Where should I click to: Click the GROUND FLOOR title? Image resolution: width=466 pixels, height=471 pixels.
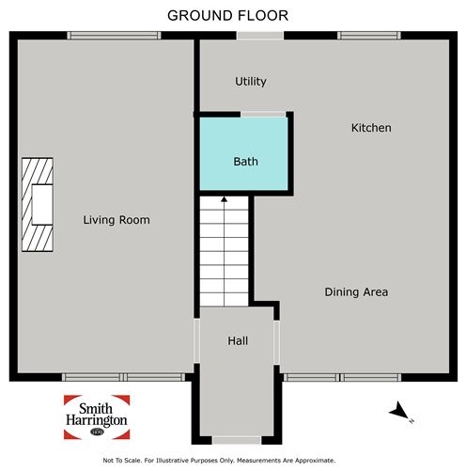point(227,16)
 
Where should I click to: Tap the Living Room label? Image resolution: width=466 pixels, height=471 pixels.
point(116,220)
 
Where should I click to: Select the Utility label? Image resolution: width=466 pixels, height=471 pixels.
point(251,82)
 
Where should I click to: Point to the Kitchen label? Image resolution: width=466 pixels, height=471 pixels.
point(371,128)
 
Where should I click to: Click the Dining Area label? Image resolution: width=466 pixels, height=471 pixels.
point(356,292)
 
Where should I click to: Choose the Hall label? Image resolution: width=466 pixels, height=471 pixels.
point(238,341)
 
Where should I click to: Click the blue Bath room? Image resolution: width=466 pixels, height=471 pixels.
point(243,153)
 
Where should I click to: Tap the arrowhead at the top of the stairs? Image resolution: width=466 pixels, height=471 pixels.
point(224,199)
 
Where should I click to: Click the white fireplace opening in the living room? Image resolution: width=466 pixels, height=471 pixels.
point(42,205)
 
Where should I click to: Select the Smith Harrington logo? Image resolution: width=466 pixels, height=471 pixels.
point(97,417)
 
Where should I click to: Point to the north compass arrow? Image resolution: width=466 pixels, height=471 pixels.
point(398,410)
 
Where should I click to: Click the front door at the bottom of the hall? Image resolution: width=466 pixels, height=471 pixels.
point(237,440)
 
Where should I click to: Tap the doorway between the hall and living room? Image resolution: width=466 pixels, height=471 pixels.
point(196,340)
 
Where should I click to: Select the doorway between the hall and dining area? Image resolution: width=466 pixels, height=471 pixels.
point(277,342)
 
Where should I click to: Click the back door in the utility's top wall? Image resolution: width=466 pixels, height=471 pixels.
point(260,35)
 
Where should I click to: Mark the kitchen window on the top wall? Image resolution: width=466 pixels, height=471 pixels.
point(369,35)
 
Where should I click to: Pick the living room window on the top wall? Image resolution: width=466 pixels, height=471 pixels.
point(114,35)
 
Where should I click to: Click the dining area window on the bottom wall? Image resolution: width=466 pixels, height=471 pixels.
point(342,377)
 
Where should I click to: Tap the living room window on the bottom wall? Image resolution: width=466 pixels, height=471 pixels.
point(124,377)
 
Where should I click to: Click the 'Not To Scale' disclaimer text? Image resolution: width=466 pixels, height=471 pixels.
point(219,461)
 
